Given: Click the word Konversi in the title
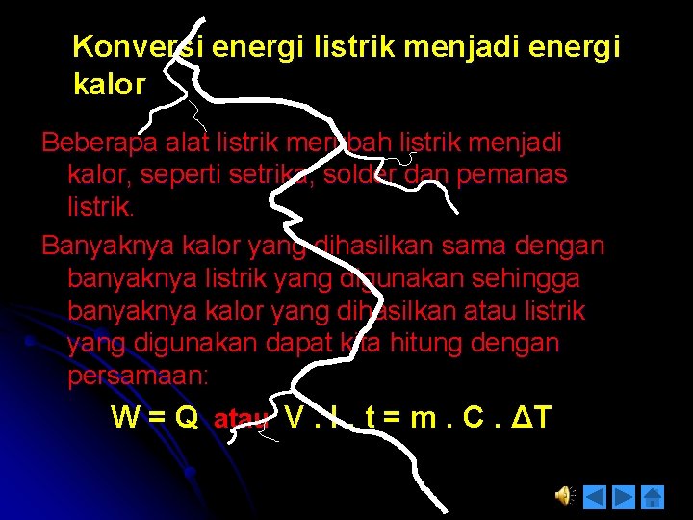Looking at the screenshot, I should pyautogui.click(x=138, y=46).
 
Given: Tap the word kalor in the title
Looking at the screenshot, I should pyautogui.click(x=109, y=85).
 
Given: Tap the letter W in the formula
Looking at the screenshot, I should pyautogui.click(x=124, y=417).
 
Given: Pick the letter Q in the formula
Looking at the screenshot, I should pyautogui.click(x=187, y=417).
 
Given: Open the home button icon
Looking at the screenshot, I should pyautogui.click(x=653, y=497).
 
